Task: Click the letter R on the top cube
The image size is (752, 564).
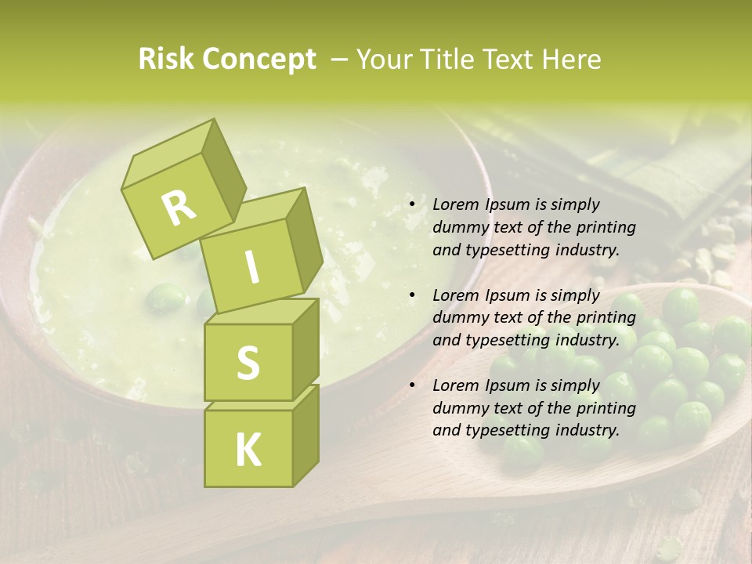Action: coord(179,208)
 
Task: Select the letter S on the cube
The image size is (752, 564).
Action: coord(248,363)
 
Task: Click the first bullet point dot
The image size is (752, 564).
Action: coord(412,205)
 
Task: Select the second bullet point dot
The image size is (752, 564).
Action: coord(412,295)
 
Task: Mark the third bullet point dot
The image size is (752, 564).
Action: coord(412,385)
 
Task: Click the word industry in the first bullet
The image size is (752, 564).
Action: coord(588,250)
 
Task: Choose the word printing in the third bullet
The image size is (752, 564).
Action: coord(606,408)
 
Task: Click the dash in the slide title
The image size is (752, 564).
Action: coord(339,60)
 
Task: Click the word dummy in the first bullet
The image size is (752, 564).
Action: coord(459,227)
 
